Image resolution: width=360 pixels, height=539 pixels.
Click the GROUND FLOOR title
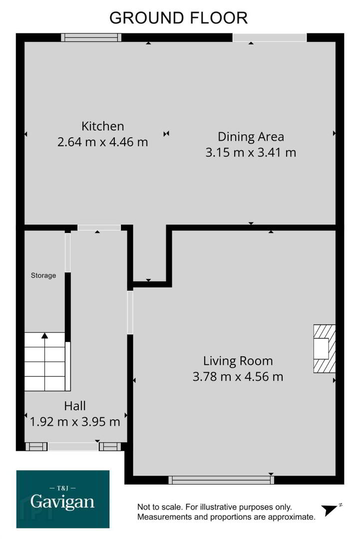[178, 18]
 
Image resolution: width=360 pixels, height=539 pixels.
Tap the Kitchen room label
[102, 126]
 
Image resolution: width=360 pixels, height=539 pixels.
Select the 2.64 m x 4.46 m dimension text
[102, 142]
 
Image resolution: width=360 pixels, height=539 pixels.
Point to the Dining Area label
[251, 136]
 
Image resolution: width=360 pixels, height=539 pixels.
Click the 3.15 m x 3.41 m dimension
[251, 152]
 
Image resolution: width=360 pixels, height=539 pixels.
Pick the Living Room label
[238, 361]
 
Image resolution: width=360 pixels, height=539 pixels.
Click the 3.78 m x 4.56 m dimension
[238, 376]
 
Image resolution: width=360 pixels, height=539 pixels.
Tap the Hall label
[74, 406]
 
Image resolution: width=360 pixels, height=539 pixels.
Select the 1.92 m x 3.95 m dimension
[74, 421]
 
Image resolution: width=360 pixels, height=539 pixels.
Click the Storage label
[43, 275]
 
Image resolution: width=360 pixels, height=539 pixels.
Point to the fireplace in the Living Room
[324, 348]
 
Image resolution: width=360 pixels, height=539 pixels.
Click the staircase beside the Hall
[45, 362]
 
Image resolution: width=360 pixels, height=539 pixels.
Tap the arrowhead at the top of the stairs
[45, 335]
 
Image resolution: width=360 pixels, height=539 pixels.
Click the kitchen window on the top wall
[91, 37]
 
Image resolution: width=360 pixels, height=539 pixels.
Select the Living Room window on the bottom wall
[221, 480]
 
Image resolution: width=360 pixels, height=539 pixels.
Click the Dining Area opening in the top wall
[270, 37]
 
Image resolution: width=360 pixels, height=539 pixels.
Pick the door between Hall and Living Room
[130, 312]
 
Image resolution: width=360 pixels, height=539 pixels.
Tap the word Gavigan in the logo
[62, 503]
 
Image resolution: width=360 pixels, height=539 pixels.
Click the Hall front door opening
[73, 447]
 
